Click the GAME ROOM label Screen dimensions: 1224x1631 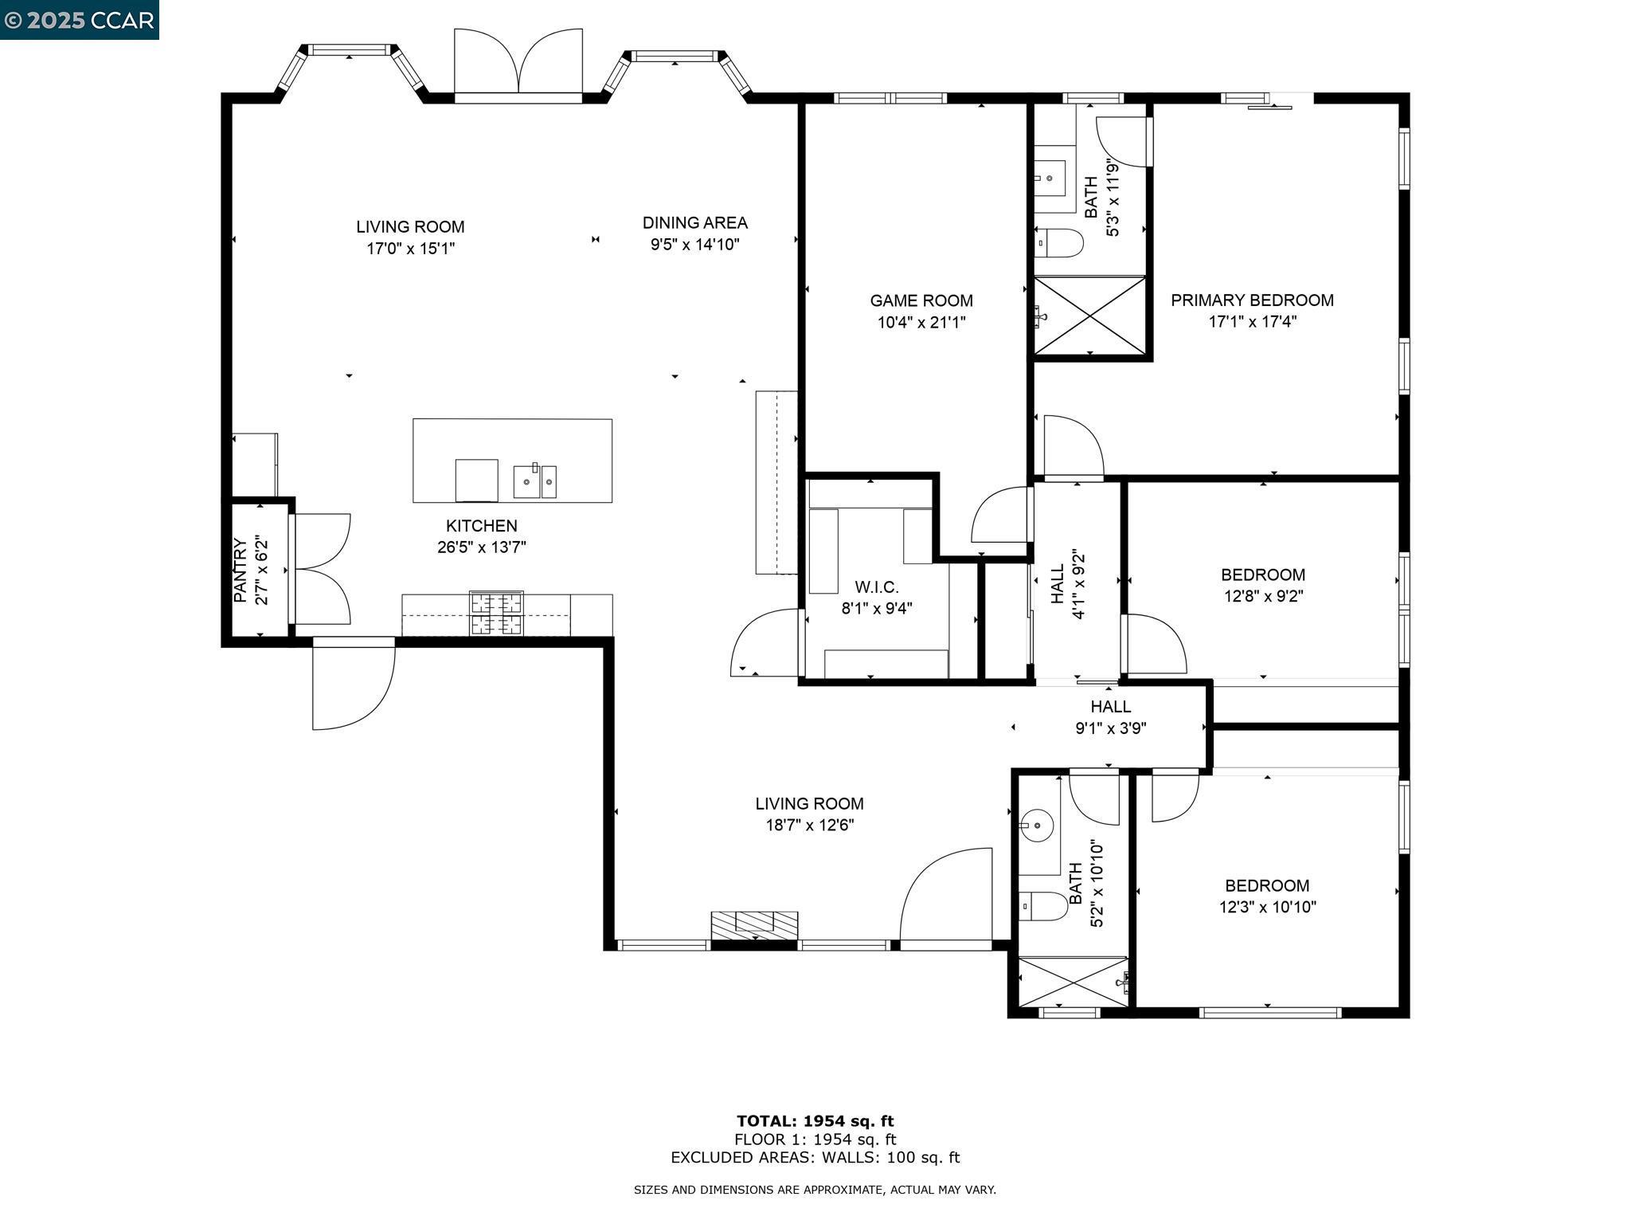[921, 300]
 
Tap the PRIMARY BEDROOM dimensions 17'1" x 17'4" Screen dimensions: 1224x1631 [1252, 322]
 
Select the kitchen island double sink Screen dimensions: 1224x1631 [534, 481]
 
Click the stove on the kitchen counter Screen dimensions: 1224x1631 [496, 614]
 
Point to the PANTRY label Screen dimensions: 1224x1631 [240, 571]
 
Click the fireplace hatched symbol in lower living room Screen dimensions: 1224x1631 [754, 925]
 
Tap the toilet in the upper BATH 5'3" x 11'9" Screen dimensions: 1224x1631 [1060, 243]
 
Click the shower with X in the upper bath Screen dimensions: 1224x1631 [1089, 316]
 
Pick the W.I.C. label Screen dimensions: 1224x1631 [876, 587]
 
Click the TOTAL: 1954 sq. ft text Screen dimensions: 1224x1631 [815, 1121]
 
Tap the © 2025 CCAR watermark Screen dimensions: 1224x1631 [79, 20]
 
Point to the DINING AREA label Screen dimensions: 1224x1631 [694, 223]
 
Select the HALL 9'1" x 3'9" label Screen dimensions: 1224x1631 [1110, 716]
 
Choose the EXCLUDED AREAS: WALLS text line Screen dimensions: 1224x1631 [815, 1158]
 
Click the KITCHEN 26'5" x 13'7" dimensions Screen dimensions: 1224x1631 [481, 547]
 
